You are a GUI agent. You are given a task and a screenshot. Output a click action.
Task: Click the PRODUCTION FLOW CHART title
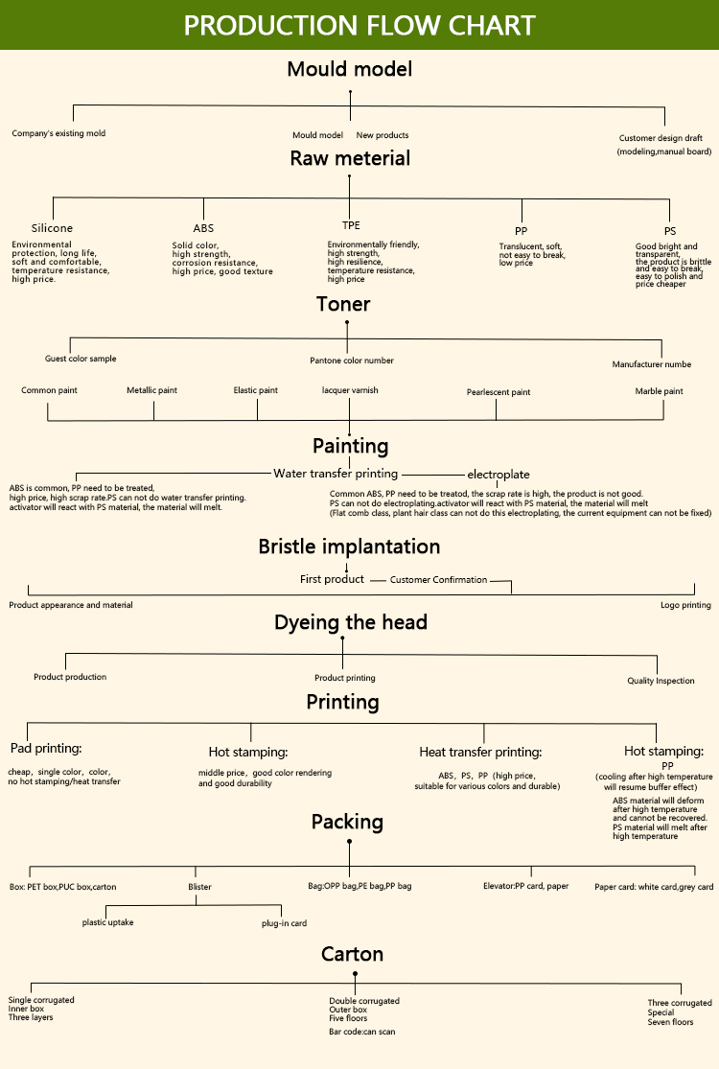359,25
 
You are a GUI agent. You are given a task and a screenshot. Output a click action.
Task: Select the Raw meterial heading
350,158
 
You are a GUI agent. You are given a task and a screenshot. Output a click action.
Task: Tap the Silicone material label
52,228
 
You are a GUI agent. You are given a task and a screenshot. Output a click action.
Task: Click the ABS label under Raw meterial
203,228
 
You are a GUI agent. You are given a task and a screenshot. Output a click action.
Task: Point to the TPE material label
351,225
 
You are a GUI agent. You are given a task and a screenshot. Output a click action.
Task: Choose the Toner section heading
343,304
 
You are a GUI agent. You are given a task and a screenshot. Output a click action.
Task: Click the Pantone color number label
352,360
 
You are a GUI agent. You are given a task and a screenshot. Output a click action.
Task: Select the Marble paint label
659,391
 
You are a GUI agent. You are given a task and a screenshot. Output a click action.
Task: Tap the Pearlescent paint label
499,392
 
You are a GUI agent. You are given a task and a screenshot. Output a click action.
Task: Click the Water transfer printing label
336,474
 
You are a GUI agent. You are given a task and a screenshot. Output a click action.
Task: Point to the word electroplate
499,475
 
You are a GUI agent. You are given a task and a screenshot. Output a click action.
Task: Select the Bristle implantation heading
349,546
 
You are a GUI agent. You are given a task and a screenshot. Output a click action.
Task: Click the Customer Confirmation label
438,580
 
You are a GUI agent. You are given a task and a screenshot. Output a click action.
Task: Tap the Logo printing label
685,605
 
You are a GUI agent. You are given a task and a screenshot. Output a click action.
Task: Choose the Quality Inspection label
661,681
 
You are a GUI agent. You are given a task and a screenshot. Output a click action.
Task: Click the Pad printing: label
46,748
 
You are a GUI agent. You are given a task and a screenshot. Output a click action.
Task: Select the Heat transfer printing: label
480,753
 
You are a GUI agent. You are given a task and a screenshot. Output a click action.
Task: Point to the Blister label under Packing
199,887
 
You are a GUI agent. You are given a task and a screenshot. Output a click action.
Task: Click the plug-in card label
284,923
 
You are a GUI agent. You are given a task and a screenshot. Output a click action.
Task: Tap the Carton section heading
352,954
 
